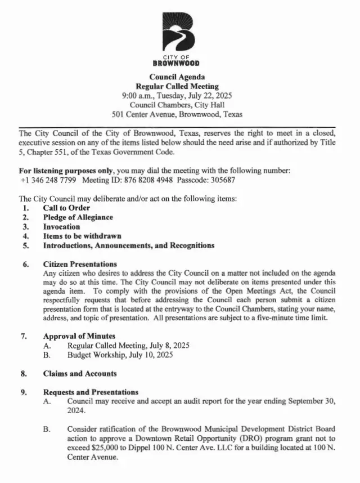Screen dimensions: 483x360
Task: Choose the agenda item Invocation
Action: (62, 227)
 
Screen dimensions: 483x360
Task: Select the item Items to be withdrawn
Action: (82, 236)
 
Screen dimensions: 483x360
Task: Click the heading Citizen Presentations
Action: (80, 264)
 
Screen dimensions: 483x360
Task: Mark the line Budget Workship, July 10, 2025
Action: (120, 355)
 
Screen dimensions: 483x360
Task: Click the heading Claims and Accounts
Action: (80, 373)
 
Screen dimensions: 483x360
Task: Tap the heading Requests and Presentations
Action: (91, 392)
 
